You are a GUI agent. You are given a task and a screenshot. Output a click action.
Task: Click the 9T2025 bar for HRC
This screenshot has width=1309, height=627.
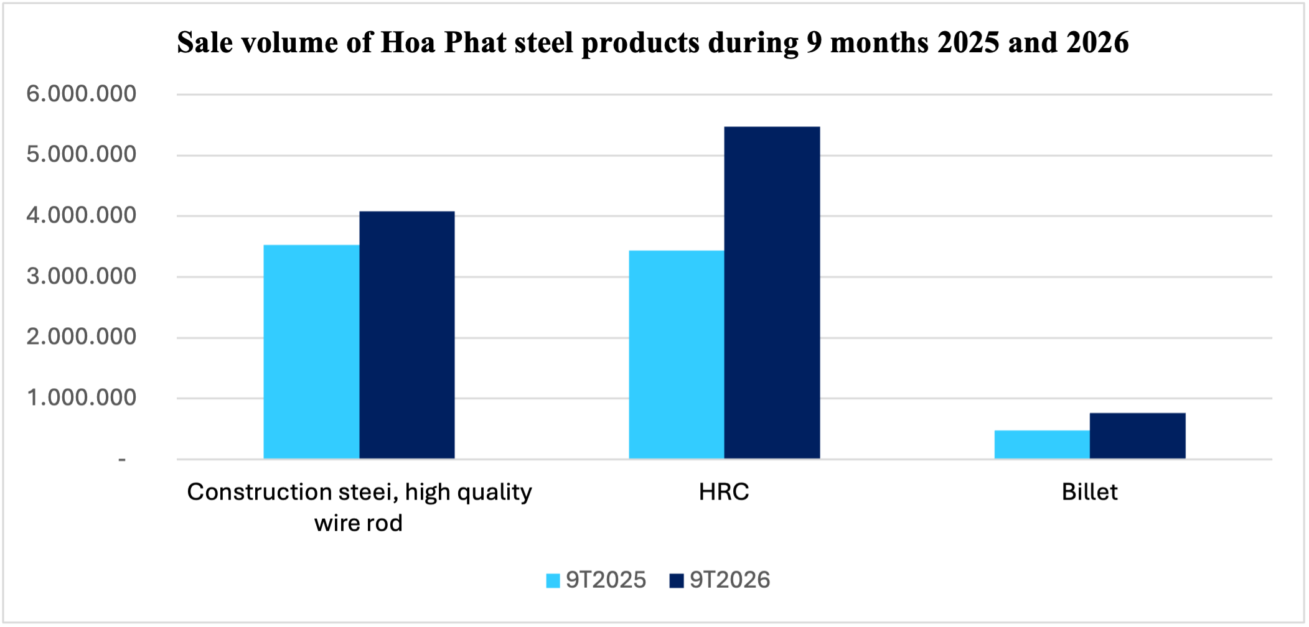pos(677,355)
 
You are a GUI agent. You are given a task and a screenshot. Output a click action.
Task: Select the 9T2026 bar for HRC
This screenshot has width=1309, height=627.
pos(772,293)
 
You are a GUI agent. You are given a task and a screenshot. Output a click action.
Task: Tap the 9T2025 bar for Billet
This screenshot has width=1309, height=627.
pos(1042,445)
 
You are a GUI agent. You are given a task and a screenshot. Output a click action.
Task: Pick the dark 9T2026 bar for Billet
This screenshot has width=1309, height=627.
pos(1138,436)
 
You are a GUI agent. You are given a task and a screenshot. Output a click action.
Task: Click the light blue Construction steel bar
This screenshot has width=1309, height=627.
pos(311,352)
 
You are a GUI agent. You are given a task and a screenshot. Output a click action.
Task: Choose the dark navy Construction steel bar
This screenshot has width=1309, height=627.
pos(407,335)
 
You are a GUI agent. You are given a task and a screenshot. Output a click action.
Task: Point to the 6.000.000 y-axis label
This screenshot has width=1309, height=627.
pos(82,94)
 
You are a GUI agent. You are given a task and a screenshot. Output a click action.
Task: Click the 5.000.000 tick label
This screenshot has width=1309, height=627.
pos(82,154)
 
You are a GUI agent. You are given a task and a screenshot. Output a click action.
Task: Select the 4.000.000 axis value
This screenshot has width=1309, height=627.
pos(82,215)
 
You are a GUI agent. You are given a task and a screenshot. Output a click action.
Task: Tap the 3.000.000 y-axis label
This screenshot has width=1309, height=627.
pos(82,276)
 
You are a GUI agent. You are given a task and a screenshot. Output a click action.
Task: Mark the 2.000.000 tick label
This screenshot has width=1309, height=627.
pos(82,337)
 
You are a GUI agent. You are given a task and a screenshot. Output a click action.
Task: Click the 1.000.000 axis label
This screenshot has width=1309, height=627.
pos(82,397)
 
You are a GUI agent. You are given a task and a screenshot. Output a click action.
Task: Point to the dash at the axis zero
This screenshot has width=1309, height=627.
pos(122,460)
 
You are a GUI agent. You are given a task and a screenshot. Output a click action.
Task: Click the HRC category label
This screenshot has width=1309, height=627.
pos(724,492)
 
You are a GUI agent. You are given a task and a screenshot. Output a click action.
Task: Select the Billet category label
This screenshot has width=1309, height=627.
pos(1090,492)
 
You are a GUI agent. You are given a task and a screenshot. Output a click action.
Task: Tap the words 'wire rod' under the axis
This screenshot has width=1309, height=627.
pos(359,523)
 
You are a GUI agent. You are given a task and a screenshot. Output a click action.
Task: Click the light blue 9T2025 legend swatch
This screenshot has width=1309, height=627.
pos(553,580)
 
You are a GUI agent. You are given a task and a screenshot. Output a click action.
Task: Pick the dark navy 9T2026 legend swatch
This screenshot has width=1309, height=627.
pos(677,580)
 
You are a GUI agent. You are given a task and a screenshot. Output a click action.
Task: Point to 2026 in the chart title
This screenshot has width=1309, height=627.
pos(1097,42)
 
